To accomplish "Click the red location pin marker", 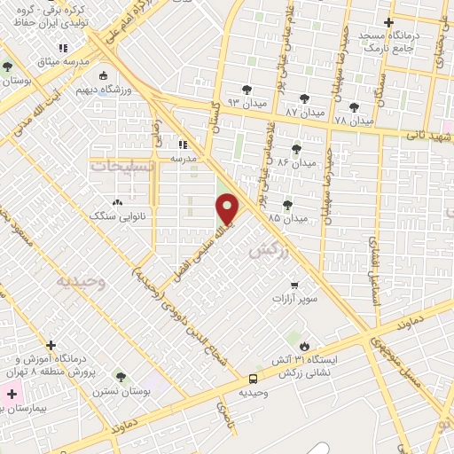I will coord(228,208).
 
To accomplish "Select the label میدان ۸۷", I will coord(304,111).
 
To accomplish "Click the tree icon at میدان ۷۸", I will coord(354,106).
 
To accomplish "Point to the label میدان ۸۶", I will coord(297,163).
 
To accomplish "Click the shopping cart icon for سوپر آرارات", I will coord(294,286).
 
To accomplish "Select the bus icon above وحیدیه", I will coord(254,379).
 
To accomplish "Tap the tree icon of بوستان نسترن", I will coord(121,377).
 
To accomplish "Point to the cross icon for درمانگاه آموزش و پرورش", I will coord(51,345).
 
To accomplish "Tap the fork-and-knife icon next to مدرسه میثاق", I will coord(62,48).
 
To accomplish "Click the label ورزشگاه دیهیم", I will coord(129,90).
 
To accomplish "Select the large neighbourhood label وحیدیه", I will coord(81,282).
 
